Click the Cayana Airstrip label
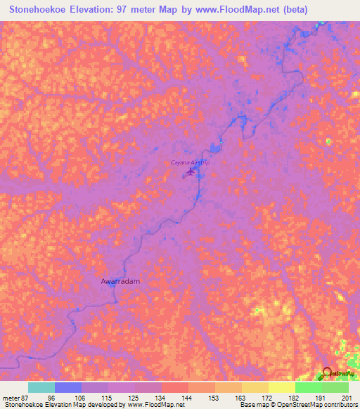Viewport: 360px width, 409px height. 190,162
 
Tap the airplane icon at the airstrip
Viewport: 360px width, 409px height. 190,171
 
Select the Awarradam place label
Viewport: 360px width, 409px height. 120,281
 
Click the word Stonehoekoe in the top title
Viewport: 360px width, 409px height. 39,9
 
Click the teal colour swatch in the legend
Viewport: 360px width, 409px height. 41,387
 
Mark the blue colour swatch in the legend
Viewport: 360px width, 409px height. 68,387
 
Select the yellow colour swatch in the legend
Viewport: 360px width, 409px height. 281,387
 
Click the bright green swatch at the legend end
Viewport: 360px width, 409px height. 335,387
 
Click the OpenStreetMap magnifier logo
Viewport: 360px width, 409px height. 327,375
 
